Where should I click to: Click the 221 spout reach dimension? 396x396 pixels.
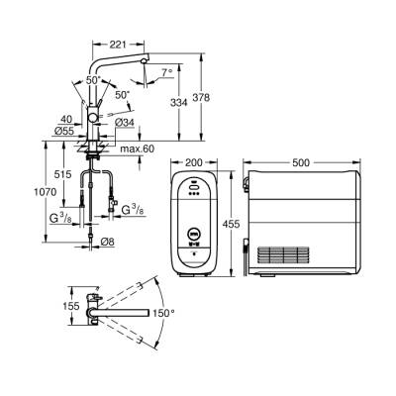pos(119,44)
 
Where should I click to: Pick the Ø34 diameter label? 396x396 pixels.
pos(125,123)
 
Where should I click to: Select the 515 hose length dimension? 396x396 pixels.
pos(63,174)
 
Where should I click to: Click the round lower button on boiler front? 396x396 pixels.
pos(191,237)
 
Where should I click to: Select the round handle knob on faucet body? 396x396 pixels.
pos(96,115)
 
